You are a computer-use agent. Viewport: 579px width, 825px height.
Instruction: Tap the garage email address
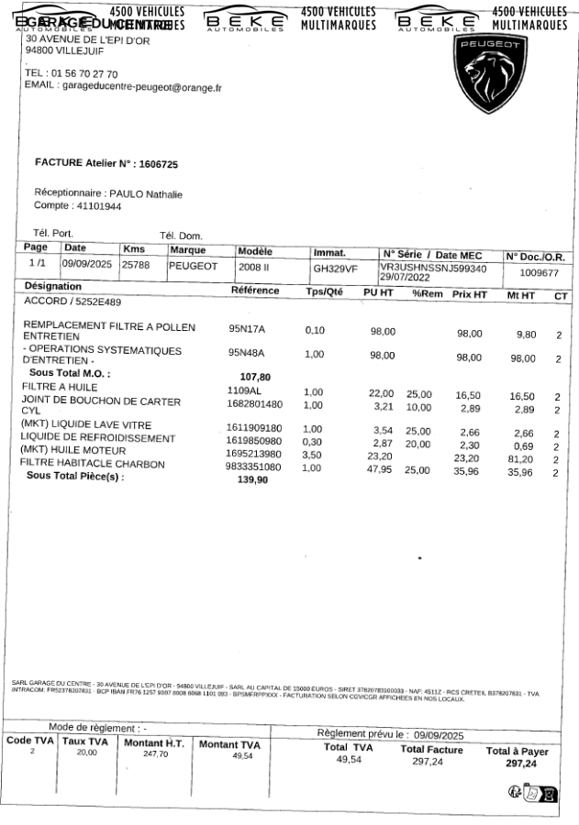[142, 87]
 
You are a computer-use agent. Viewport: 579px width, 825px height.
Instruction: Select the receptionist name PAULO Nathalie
[146, 194]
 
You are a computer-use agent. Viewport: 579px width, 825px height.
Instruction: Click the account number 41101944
[97, 207]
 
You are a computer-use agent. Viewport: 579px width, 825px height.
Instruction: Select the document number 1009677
[540, 272]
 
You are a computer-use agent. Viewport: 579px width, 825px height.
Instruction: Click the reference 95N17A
[246, 327]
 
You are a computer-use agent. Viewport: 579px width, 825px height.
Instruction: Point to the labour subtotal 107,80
[255, 376]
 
